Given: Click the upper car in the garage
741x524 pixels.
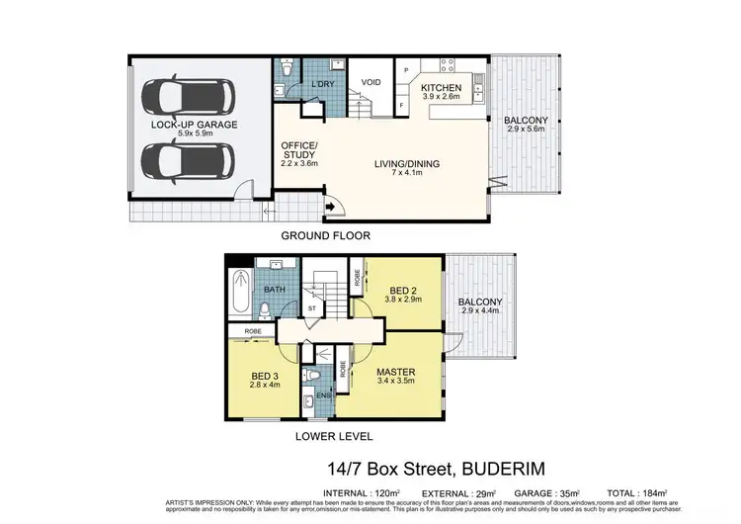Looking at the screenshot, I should (x=188, y=98).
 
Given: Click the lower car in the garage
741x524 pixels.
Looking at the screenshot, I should (x=188, y=159).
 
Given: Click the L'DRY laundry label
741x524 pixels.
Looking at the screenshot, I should (x=322, y=84).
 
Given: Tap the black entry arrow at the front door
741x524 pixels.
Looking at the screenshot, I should (x=327, y=207).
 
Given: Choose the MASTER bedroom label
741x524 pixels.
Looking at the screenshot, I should (x=395, y=373).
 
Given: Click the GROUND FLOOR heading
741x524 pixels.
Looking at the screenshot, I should (x=326, y=236).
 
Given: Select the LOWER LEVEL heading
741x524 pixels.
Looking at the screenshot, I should (x=327, y=436).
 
